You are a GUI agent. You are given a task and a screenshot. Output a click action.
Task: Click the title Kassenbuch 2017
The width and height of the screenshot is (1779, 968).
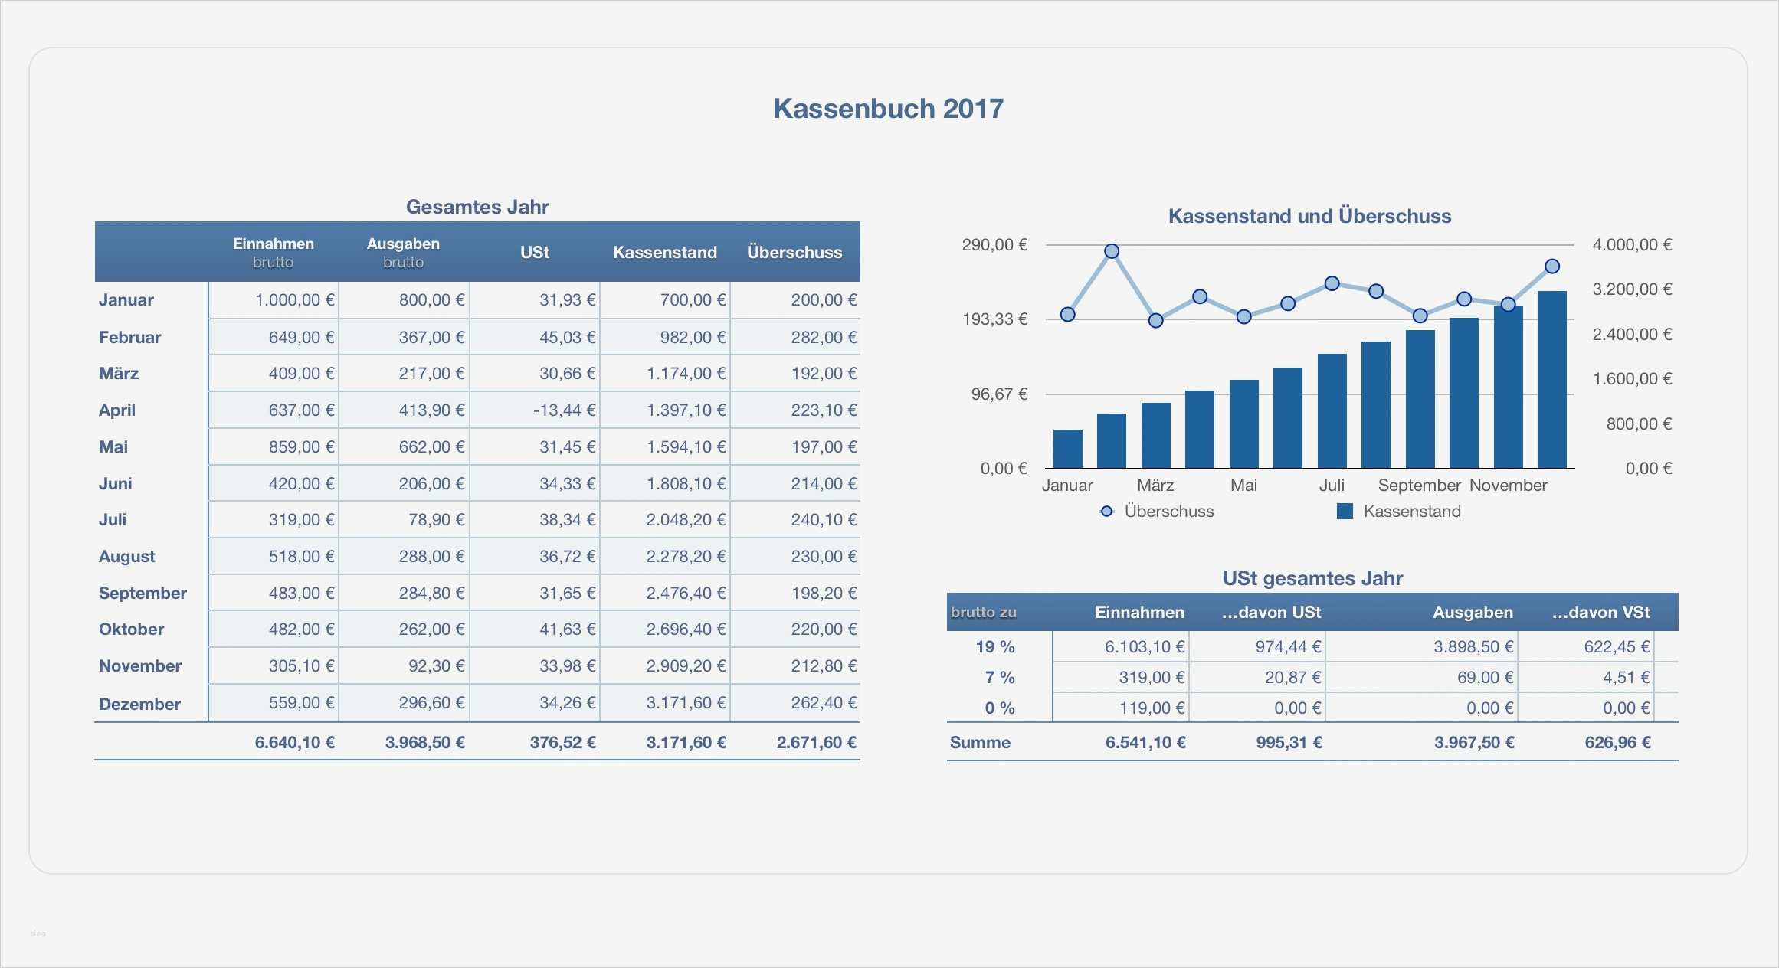(887, 109)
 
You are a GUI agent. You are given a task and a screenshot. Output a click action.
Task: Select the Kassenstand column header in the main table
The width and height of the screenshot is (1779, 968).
(664, 252)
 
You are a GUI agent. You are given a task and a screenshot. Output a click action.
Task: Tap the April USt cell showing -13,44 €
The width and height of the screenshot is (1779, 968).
(564, 410)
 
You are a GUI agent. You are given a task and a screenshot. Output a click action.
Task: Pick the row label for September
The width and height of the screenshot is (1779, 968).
(143, 593)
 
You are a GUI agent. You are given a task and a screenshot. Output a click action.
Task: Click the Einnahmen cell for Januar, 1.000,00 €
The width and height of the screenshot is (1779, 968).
(294, 299)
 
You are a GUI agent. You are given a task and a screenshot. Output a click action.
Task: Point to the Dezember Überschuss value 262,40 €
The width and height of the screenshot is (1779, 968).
(824, 702)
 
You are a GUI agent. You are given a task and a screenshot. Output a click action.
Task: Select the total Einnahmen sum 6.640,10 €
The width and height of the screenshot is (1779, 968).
(294, 742)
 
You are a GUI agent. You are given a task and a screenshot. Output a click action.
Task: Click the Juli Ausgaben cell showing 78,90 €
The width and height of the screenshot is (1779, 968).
(436, 519)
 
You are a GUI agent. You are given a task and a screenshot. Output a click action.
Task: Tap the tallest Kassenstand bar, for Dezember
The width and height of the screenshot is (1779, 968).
(1551, 379)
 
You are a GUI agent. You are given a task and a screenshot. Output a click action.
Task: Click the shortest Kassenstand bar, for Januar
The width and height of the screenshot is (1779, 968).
(1067, 449)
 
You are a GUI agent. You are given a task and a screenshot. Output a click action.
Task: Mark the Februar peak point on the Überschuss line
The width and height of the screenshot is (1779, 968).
(1112, 251)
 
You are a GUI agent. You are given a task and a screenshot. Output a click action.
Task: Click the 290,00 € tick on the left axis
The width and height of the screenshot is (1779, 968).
(994, 244)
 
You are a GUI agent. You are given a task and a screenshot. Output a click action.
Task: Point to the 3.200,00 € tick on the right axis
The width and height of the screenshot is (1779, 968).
(1632, 289)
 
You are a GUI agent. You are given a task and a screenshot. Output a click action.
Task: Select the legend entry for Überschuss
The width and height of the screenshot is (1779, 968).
(1168, 511)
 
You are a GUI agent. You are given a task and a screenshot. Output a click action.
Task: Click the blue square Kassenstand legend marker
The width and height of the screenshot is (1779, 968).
(1345, 511)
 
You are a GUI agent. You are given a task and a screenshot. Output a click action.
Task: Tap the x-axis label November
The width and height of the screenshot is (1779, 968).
(1508, 485)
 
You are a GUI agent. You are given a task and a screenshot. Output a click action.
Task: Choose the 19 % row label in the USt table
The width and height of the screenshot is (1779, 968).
(994, 646)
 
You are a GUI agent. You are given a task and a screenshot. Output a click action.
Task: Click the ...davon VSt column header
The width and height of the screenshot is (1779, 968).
(1600, 612)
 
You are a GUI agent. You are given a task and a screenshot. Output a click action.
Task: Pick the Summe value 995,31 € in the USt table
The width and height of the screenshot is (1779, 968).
(1289, 742)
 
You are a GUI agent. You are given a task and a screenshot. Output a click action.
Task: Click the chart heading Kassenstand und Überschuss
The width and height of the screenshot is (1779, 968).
(1309, 216)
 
